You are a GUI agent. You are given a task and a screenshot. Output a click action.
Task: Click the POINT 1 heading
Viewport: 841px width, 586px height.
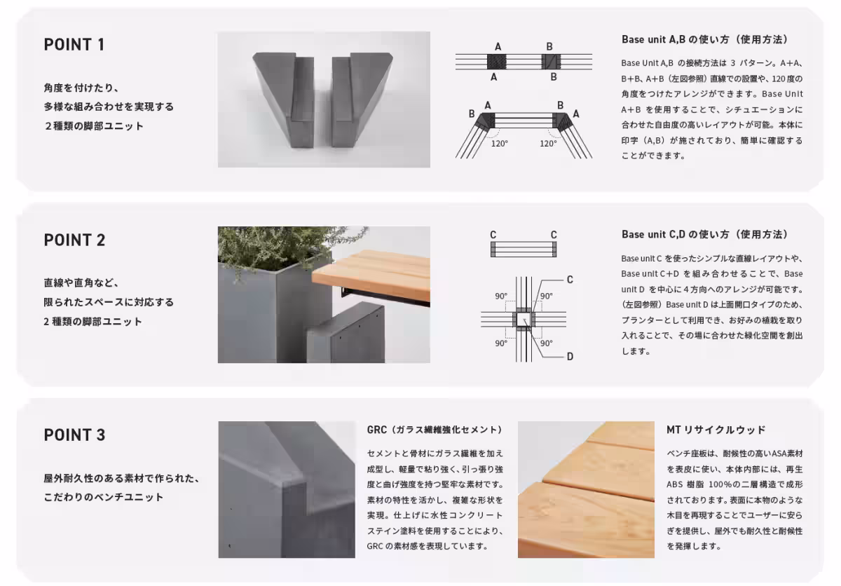click(x=74, y=45)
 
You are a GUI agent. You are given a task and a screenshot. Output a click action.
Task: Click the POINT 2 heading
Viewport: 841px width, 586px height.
click(x=74, y=240)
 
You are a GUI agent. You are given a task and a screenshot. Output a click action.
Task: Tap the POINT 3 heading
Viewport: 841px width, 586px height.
click(x=74, y=435)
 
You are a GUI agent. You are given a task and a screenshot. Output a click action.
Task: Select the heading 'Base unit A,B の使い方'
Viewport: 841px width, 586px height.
click(x=704, y=39)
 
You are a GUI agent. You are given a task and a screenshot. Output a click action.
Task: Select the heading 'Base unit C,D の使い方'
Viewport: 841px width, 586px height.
click(x=704, y=234)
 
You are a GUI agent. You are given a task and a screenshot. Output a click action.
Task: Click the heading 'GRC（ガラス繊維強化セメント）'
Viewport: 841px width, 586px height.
click(x=435, y=430)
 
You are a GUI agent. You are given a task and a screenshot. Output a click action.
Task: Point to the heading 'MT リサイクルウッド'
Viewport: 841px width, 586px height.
click(x=716, y=430)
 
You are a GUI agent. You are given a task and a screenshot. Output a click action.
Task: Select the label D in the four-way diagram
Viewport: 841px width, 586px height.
click(x=570, y=357)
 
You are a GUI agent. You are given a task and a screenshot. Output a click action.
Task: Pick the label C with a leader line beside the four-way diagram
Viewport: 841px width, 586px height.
click(x=570, y=280)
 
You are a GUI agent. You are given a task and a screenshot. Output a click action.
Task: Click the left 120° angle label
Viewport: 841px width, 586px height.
click(x=500, y=143)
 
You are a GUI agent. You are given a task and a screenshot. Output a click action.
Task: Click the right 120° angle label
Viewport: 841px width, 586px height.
click(x=548, y=143)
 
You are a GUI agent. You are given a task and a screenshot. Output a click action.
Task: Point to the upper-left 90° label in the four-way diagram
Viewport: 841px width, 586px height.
click(x=501, y=297)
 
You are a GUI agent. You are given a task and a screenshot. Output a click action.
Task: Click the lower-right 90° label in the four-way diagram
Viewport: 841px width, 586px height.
click(x=547, y=343)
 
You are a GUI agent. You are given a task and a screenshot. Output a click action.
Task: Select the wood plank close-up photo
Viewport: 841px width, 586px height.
click(x=586, y=489)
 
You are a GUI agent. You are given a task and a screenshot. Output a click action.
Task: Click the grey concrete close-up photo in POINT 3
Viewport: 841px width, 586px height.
click(x=287, y=489)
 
